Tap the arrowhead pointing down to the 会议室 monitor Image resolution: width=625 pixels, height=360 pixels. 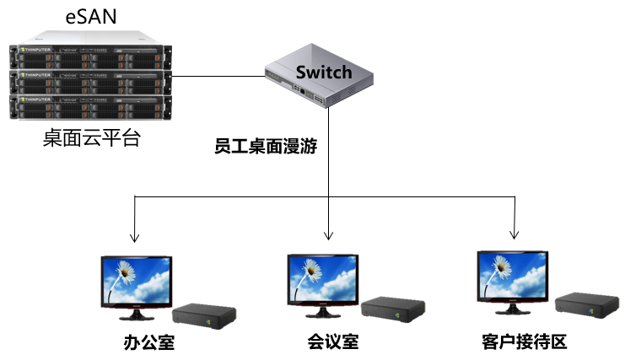[327, 235]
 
